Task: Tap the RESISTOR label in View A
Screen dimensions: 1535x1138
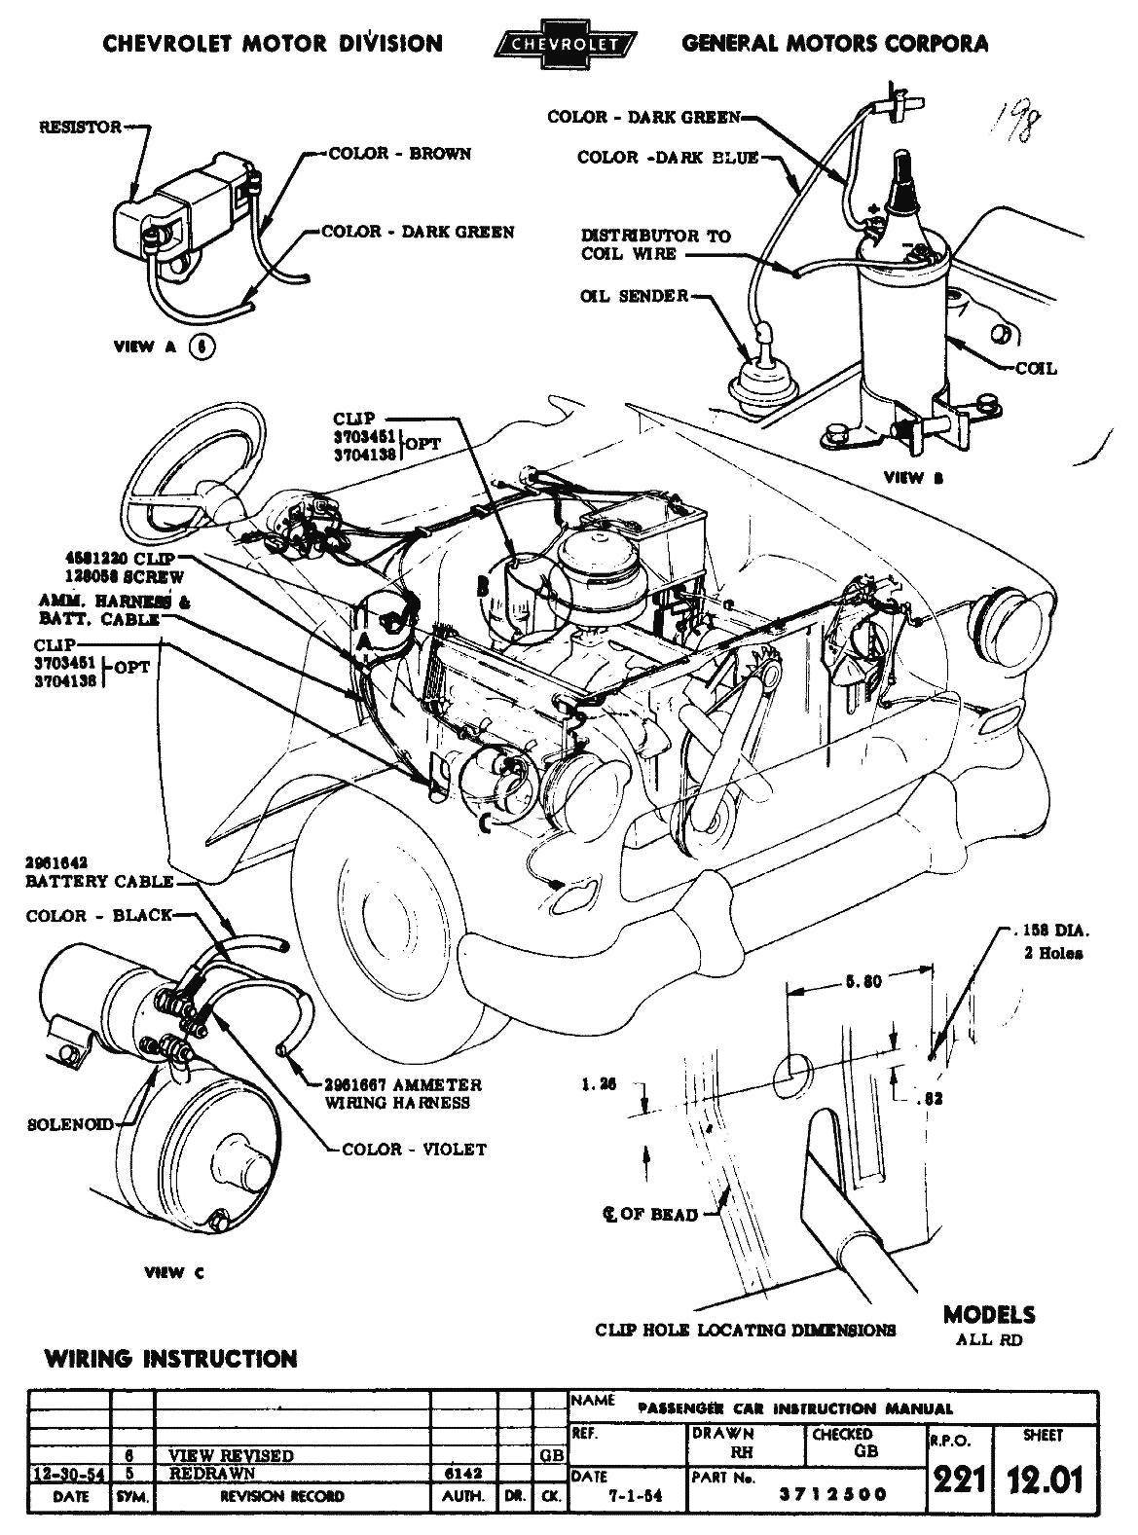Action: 81,128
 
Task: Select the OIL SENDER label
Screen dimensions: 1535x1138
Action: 634,296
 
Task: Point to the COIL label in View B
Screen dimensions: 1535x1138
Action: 1035,369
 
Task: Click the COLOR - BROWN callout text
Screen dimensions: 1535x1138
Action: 400,154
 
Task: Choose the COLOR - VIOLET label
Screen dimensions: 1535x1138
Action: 414,1150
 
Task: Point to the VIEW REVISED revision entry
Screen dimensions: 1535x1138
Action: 231,1455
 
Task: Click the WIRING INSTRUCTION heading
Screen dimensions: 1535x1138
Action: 170,1359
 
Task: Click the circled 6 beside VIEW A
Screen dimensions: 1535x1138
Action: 202,347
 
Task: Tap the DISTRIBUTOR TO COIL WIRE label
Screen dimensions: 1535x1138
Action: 655,244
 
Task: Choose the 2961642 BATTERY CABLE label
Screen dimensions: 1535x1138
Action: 100,872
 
